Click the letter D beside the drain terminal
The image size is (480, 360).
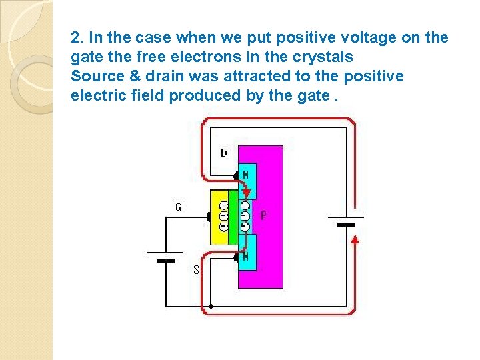tap(223, 153)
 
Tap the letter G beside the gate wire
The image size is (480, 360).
tap(178, 207)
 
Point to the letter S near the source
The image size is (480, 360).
tap(196, 269)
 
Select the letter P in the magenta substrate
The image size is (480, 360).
tap(264, 215)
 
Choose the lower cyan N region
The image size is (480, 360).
tap(247, 253)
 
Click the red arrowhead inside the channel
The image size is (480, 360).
tap(247, 193)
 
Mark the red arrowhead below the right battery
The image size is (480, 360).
tap(355, 239)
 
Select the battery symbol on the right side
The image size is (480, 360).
tap(346, 221)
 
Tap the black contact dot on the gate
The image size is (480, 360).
tap(209, 217)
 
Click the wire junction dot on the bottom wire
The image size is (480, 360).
tap(211, 307)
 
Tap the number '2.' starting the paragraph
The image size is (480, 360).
tap(77, 37)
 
